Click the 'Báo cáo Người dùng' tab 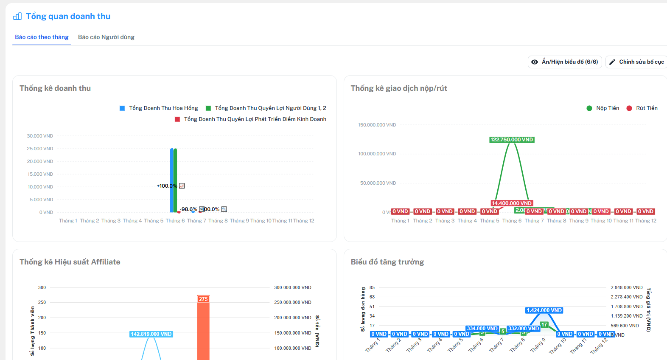coord(106,37)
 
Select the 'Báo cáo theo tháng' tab coord(42,37)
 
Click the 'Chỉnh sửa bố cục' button coord(637,62)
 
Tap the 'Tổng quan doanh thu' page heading coord(68,16)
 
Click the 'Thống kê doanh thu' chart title coord(55,88)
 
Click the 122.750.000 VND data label coord(512,140)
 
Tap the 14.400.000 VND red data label coord(511,203)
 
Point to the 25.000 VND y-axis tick coord(40,149)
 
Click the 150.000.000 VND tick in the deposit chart coord(377,125)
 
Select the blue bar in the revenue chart coord(171,180)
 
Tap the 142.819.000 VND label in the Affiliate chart coord(151,334)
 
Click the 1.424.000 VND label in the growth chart coord(544,310)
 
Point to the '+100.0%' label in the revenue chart coord(167,186)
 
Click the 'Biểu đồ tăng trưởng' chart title coord(387,262)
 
